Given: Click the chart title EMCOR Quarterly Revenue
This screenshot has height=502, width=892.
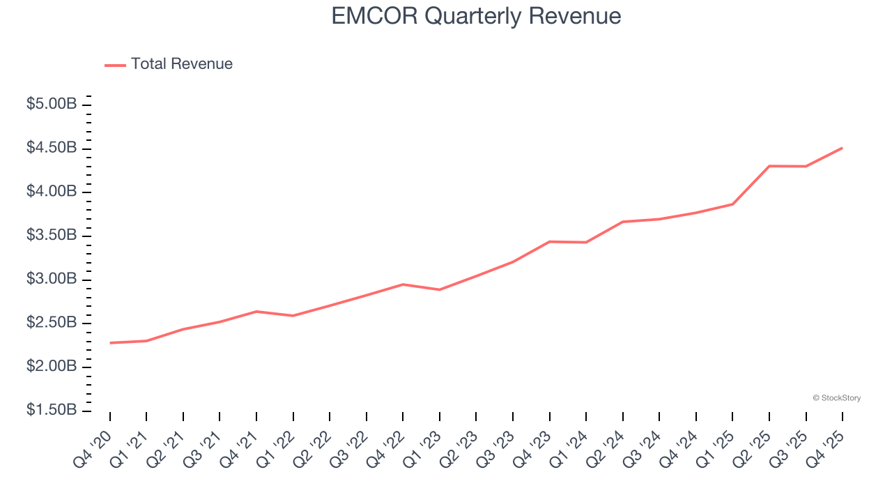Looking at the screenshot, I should click(476, 15).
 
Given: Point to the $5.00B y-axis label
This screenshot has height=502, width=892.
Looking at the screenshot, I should click(52, 105).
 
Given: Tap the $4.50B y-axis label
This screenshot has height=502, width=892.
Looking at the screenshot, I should click(52, 148).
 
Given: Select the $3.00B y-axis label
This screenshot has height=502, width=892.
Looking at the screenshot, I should click(52, 279).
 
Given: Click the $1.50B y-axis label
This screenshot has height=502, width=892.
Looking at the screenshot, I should click(52, 410).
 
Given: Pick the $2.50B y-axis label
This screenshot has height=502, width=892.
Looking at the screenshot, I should click(52, 323).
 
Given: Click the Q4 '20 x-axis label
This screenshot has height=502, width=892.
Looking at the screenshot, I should click(93, 448).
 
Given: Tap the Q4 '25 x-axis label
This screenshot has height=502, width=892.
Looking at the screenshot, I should click(826, 448).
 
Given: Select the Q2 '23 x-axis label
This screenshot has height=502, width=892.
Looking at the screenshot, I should click(460, 448).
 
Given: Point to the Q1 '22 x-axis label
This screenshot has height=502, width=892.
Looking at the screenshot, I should click(277, 448).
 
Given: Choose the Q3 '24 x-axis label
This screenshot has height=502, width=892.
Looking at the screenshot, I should click(643, 448).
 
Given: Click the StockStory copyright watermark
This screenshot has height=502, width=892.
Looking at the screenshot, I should click(836, 398).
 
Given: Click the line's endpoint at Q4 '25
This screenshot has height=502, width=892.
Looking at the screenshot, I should click(843, 148).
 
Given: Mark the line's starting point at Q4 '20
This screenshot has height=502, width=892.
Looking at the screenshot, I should click(110, 343).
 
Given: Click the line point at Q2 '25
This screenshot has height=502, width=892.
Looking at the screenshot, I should click(769, 166).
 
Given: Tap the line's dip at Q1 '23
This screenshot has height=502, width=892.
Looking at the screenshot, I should click(440, 289).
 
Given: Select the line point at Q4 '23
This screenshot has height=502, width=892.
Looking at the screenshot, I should click(550, 241).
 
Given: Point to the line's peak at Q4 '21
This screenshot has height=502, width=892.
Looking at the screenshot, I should click(256, 311).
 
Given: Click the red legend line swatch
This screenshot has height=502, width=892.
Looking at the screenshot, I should click(115, 65).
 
